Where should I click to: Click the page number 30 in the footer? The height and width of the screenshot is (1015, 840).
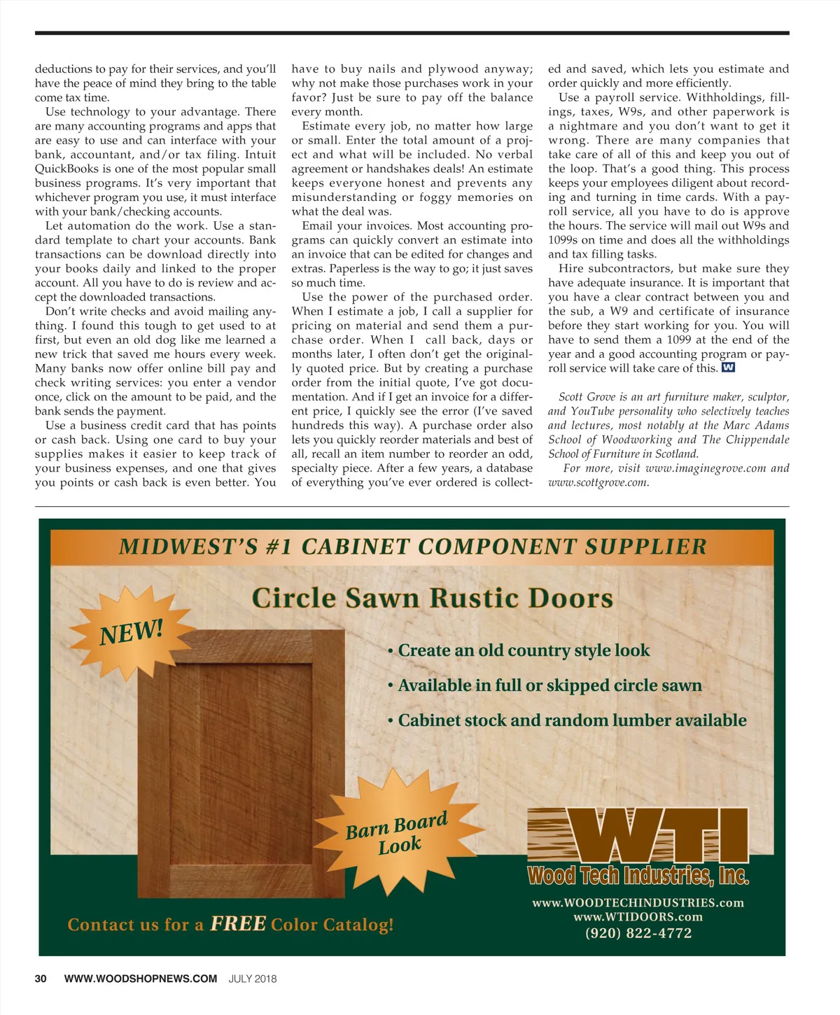[x=41, y=979]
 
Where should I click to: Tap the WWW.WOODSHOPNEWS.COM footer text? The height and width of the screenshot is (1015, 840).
[x=140, y=979]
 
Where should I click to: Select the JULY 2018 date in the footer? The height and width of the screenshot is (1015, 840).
[x=252, y=979]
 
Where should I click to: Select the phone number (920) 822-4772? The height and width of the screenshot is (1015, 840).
[x=638, y=933]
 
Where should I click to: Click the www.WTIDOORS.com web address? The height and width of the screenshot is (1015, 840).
[x=638, y=917]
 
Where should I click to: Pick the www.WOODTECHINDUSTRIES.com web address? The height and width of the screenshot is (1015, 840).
[x=638, y=903]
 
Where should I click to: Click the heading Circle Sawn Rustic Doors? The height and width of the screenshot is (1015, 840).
[x=432, y=598]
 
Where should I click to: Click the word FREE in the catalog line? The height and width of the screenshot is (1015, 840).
[x=238, y=924]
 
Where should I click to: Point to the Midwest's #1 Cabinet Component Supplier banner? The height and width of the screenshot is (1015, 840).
[x=412, y=547]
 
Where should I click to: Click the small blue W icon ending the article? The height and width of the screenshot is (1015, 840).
[x=728, y=367]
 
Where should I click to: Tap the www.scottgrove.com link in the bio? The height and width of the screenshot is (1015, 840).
[x=598, y=482]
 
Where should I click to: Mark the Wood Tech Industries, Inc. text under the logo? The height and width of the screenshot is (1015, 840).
[x=638, y=876]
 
